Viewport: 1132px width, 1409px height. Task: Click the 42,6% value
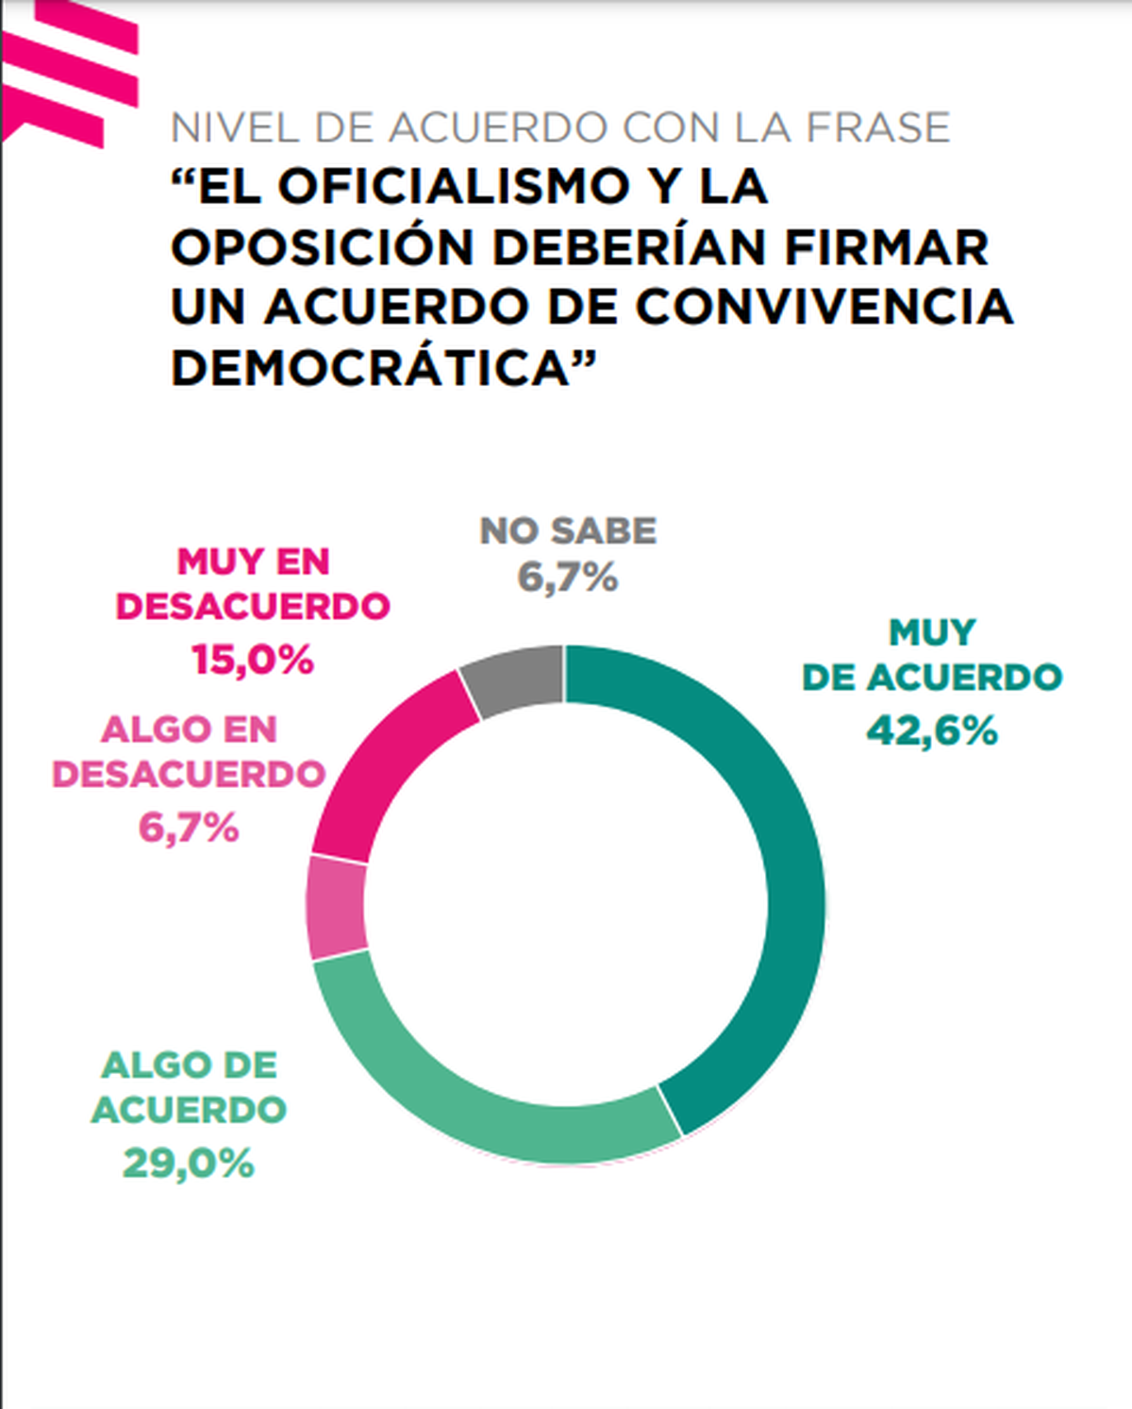932,730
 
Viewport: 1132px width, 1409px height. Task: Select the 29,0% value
189,1164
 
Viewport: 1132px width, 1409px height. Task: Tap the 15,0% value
253,660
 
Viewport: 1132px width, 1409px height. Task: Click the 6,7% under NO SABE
567,577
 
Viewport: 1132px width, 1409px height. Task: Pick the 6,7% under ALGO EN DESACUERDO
189,828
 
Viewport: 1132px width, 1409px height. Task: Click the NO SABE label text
567,530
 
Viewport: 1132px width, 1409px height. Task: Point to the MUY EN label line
253,562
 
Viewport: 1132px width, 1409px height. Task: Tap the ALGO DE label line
189,1065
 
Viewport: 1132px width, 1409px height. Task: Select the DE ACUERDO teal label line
932,678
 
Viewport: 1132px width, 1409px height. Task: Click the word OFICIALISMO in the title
453,186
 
